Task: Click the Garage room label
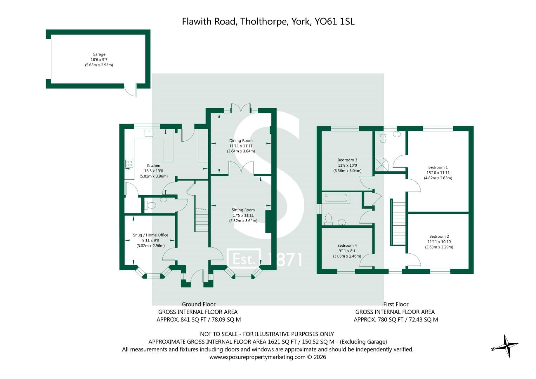(x=99, y=54)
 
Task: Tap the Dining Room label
(x=241, y=141)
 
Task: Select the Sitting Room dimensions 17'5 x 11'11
(x=243, y=215)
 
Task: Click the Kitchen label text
(x=153, y=166)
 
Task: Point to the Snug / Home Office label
(x=151, y=235)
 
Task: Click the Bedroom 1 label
(x=438, y=167)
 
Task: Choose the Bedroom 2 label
(x=439, y=237)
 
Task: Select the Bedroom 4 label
(x=347, y=246)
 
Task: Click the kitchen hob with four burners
(x=129, y=164)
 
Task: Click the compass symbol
(x=505, y=346)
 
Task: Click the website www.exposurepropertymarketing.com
(x=257, y=357)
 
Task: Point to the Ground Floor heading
(x=198, y=304)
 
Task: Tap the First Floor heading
(x=396, y=304)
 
